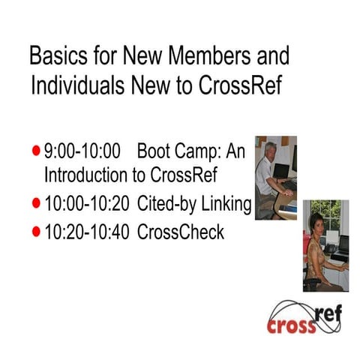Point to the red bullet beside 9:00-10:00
click(x=36, y=151)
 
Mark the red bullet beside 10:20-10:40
click(x=36, y=232)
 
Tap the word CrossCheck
click(x=181, y=232)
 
